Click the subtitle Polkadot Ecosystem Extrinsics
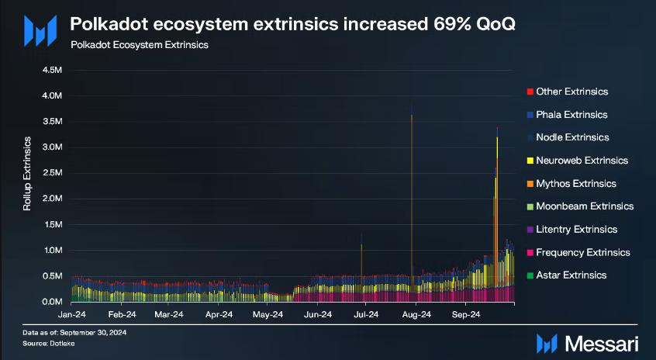coord(139,45)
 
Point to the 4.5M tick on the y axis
coord(52,70)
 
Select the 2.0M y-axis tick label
coord(52,199)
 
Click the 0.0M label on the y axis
coord(52,302)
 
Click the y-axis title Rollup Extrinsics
coord(28,175)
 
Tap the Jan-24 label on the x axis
coord(72,315)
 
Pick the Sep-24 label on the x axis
coord(466,315)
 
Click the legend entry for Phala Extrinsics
coord(571,115)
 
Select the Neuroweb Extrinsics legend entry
coord(582,161)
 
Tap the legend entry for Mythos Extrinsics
coord(576,184)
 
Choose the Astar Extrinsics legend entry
coord(571,275)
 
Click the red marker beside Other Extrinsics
coord(529,92)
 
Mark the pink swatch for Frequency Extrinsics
coord(529,253)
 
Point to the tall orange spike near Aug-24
coord(412,194)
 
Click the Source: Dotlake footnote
coord(48,340)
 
